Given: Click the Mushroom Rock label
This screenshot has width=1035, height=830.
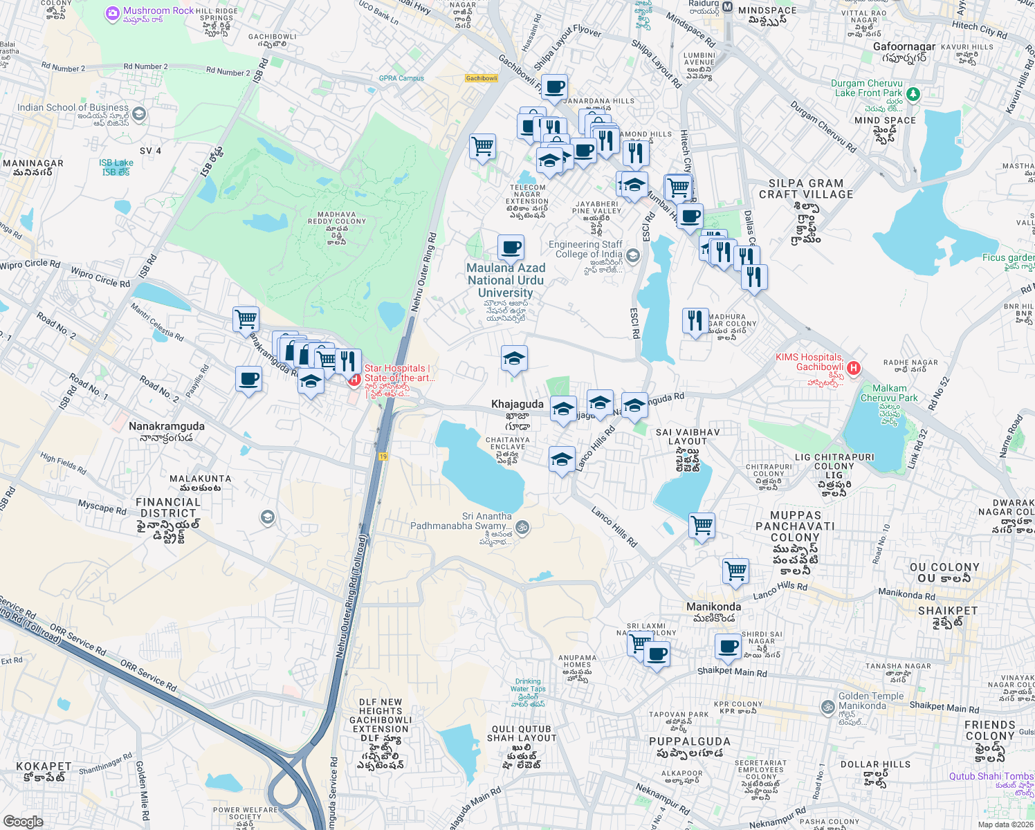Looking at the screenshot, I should tap(158, 11).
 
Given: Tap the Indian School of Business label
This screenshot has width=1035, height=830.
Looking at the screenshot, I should tap(73, 108).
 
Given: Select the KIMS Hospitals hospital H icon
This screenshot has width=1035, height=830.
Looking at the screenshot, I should tap(853, 368).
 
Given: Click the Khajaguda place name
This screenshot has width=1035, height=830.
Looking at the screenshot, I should tap(517, 404).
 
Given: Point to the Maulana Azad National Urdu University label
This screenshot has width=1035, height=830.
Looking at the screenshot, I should tap(506, 280).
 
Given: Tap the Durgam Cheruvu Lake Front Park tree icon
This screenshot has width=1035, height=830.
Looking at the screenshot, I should tap(913, 93).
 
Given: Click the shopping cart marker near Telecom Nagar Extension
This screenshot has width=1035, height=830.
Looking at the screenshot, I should tap(482, 147).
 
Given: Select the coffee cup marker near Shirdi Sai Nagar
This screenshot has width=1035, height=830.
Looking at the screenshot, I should tap(728, 647).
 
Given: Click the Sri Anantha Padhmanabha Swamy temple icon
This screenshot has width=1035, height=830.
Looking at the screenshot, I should tap(523, 528).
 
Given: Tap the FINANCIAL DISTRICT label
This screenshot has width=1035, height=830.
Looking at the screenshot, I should tap(168, 508).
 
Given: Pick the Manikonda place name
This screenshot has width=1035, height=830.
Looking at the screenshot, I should tap(713, 607).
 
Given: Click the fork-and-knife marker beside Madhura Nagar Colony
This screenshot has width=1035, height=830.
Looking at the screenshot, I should tap(695, 321).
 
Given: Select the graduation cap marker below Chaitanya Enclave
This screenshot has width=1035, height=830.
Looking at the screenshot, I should tap(562, 459).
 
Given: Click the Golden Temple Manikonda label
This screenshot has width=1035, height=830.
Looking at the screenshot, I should tap(870, 701).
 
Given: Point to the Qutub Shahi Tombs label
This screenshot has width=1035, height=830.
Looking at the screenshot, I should tap(991, 776).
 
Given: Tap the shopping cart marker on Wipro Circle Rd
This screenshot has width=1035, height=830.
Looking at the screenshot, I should tap(246, 320).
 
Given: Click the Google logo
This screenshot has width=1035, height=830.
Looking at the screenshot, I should tap(23, 822).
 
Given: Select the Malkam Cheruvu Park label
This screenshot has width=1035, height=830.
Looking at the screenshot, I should tap(889, 393).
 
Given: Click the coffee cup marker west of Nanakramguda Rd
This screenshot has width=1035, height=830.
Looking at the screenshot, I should tap(248, 379).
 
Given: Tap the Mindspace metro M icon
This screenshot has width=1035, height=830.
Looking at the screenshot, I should tap(727, 8).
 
